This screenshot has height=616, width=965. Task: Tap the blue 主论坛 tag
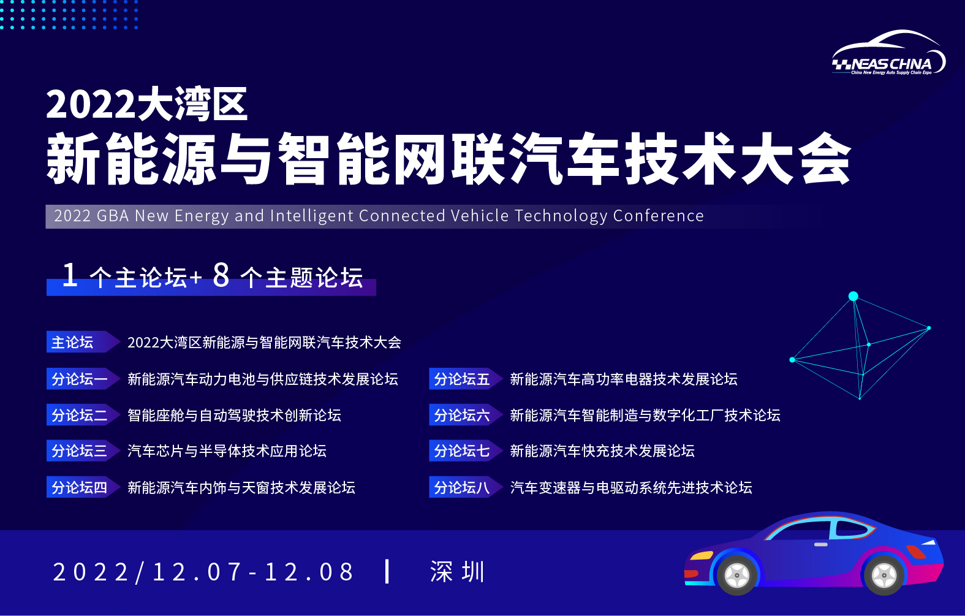click(x=83, y=342)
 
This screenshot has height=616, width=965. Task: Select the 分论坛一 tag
click(x=83, y=379)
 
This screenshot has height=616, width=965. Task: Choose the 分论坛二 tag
click(x=83, y=415)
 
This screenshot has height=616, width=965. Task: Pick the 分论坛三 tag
click(x=83, y=451)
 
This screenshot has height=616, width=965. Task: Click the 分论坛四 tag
click(x=83, y=487)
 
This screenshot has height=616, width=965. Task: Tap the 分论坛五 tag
click(x=465, y=379)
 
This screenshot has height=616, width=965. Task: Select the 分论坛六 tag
click(x=465, y=415)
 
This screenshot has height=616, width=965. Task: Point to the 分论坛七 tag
click(x=465, y=451)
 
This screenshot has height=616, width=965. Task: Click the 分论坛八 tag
click(x=465, y=487)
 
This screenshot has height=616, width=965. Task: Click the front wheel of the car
click(x=736, y=575)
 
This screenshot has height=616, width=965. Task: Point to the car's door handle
click(x=820, y=544)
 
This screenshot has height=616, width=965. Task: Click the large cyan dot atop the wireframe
click(x=853, y=296)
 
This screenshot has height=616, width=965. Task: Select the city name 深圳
click(x=458, y=572)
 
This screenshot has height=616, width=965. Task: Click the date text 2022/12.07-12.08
click(x=203, y=572)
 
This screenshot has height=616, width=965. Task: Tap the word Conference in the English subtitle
click(x=658, y=216)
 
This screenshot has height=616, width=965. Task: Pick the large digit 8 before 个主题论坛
click(x=221, y=275)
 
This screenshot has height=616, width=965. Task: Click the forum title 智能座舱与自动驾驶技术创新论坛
click(x=234, y=415)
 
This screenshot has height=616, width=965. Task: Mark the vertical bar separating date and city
click(x=387, y=572)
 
